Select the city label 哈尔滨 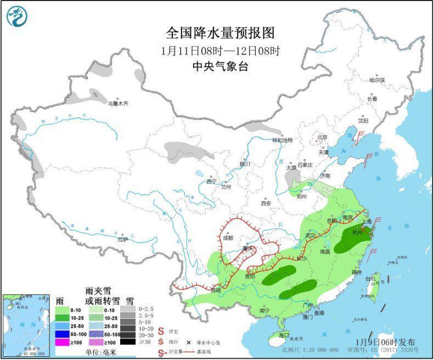[376, 80]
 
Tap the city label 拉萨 [122, 239]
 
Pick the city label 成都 [227, 238]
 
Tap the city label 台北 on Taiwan [370, 279]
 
